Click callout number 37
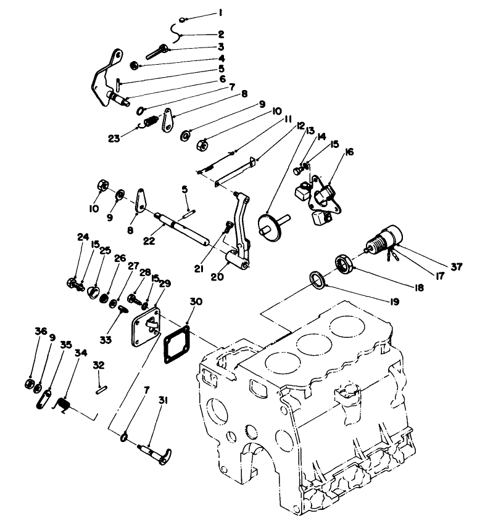456,266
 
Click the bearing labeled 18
344,263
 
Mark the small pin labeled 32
102,388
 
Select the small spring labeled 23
150,125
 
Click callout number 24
83,237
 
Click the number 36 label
41,332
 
